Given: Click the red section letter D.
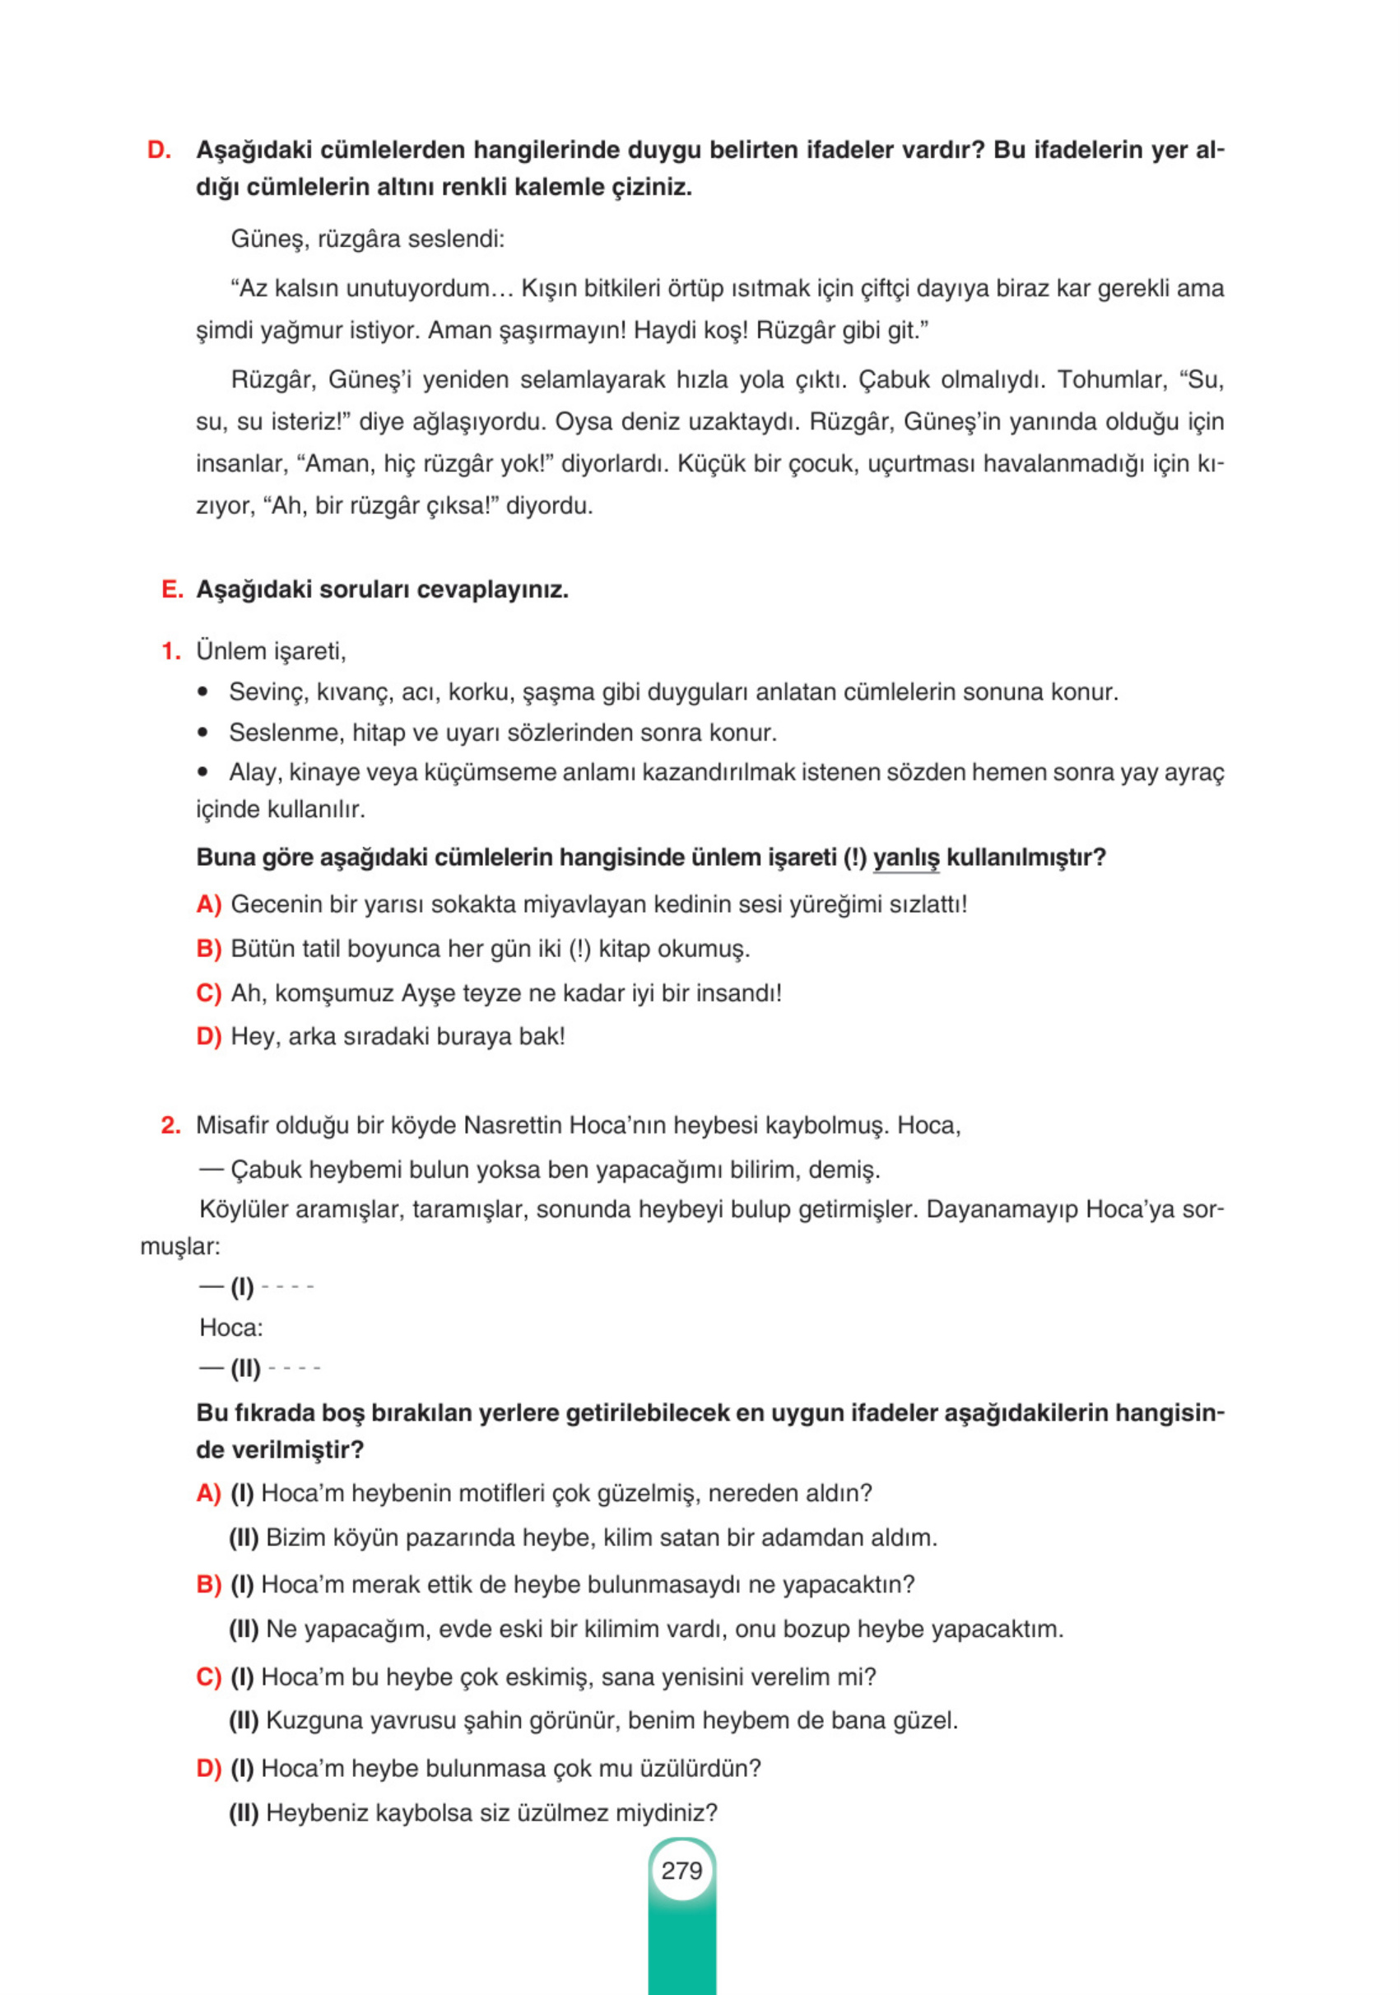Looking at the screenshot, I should (x=158, y=151).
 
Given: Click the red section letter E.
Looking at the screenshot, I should (x=171, y=590).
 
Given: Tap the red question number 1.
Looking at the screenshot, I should (x=170, y=651).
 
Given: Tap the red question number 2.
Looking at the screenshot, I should (x=170, y=1125).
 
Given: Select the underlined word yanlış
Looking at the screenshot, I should (x=905, y=858).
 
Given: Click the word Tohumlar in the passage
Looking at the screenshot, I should (x=1109, y=379).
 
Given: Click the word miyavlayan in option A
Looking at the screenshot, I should (x=580, y=904).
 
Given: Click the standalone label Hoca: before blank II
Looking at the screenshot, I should (x=230, y=1328).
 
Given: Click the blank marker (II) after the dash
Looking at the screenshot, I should (x=245, y=1370).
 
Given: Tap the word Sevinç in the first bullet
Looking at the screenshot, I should (x=266, y=691).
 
